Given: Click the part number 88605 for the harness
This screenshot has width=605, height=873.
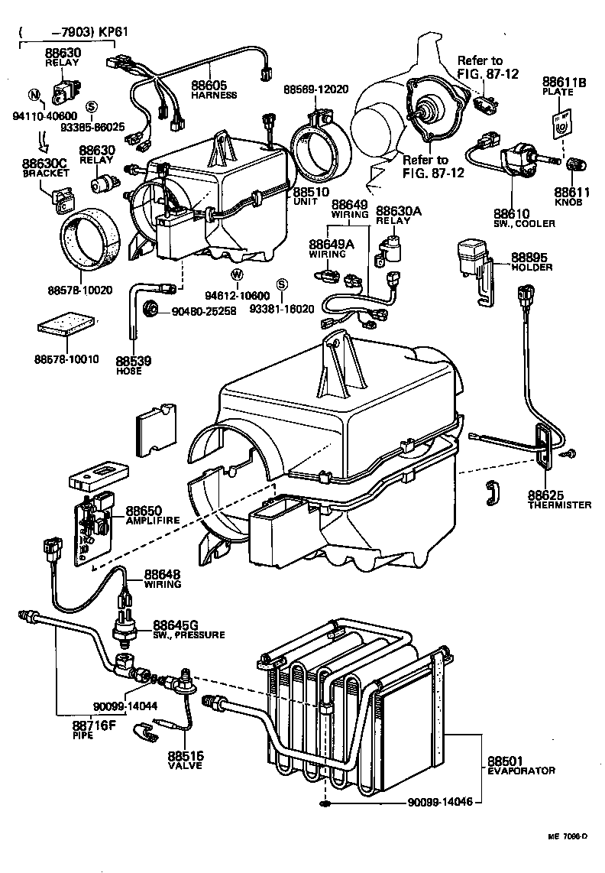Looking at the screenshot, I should coord(208,85).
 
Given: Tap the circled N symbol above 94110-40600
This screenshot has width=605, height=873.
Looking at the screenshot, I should coord(33,95).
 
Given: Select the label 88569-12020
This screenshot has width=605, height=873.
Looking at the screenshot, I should coord(315,89).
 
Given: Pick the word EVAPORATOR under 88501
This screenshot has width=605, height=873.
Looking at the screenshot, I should coord(521,771).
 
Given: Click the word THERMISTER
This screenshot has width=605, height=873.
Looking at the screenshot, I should coord(559,505).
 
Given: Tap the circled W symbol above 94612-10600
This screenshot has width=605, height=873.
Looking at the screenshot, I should coord(237,274).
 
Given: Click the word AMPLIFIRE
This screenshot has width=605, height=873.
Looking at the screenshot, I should coord(153,520).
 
